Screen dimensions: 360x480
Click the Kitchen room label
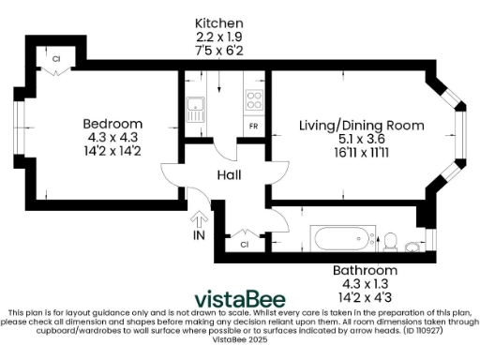pyautogui.click(x=218, y=22)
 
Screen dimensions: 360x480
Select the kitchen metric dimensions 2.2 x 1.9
pyautogui.click(x=218, y=36)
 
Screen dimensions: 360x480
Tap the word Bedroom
pyautogui.click(x=112, y=124)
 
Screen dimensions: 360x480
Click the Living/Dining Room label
pyautogui.click(x=361, y=125)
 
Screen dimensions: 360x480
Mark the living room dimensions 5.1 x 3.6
pyautogui.click(x=361, y=139)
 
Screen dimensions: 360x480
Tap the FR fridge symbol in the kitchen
pyautogui.click(x=253, y=126)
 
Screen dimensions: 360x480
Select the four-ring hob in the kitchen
pyautogui.click(x=254, y=99)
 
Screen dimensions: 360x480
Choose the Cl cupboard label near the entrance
pyautogui.click(x=244, y=245)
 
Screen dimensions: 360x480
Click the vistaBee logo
pyautogui.click(x=240, y=297)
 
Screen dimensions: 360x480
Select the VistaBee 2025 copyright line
pyautogui.click(x=240, y=340)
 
